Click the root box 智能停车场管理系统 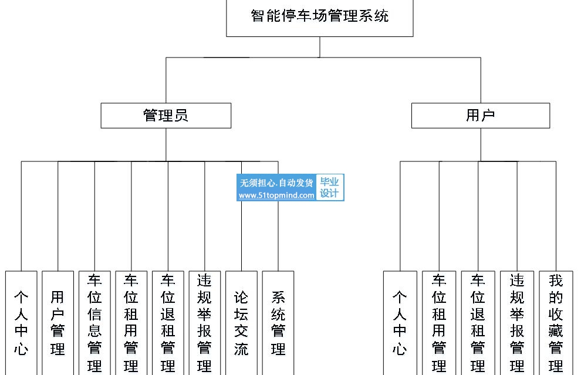pos(319,18)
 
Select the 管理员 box pos(165,116)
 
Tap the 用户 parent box pos(481,116)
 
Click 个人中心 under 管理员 pos(21,323)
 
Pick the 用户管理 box pos(58,323)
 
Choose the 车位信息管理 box pos(94,323)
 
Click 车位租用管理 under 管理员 pos(131,323)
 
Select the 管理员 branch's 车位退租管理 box pos(168,323)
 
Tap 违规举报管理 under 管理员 pos(205,323)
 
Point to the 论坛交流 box pos(241,323)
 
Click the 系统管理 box pos(278,323)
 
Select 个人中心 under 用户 pos(400,323)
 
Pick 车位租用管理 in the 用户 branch pos(439,323)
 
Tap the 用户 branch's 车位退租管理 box pos(478,323)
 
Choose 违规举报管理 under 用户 pos(517,323)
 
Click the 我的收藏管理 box pos(556,323)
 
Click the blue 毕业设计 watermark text pos(329,188)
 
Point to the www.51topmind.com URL pos(276,195)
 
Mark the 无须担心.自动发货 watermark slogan pos(276,183)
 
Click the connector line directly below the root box pos(320,47)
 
